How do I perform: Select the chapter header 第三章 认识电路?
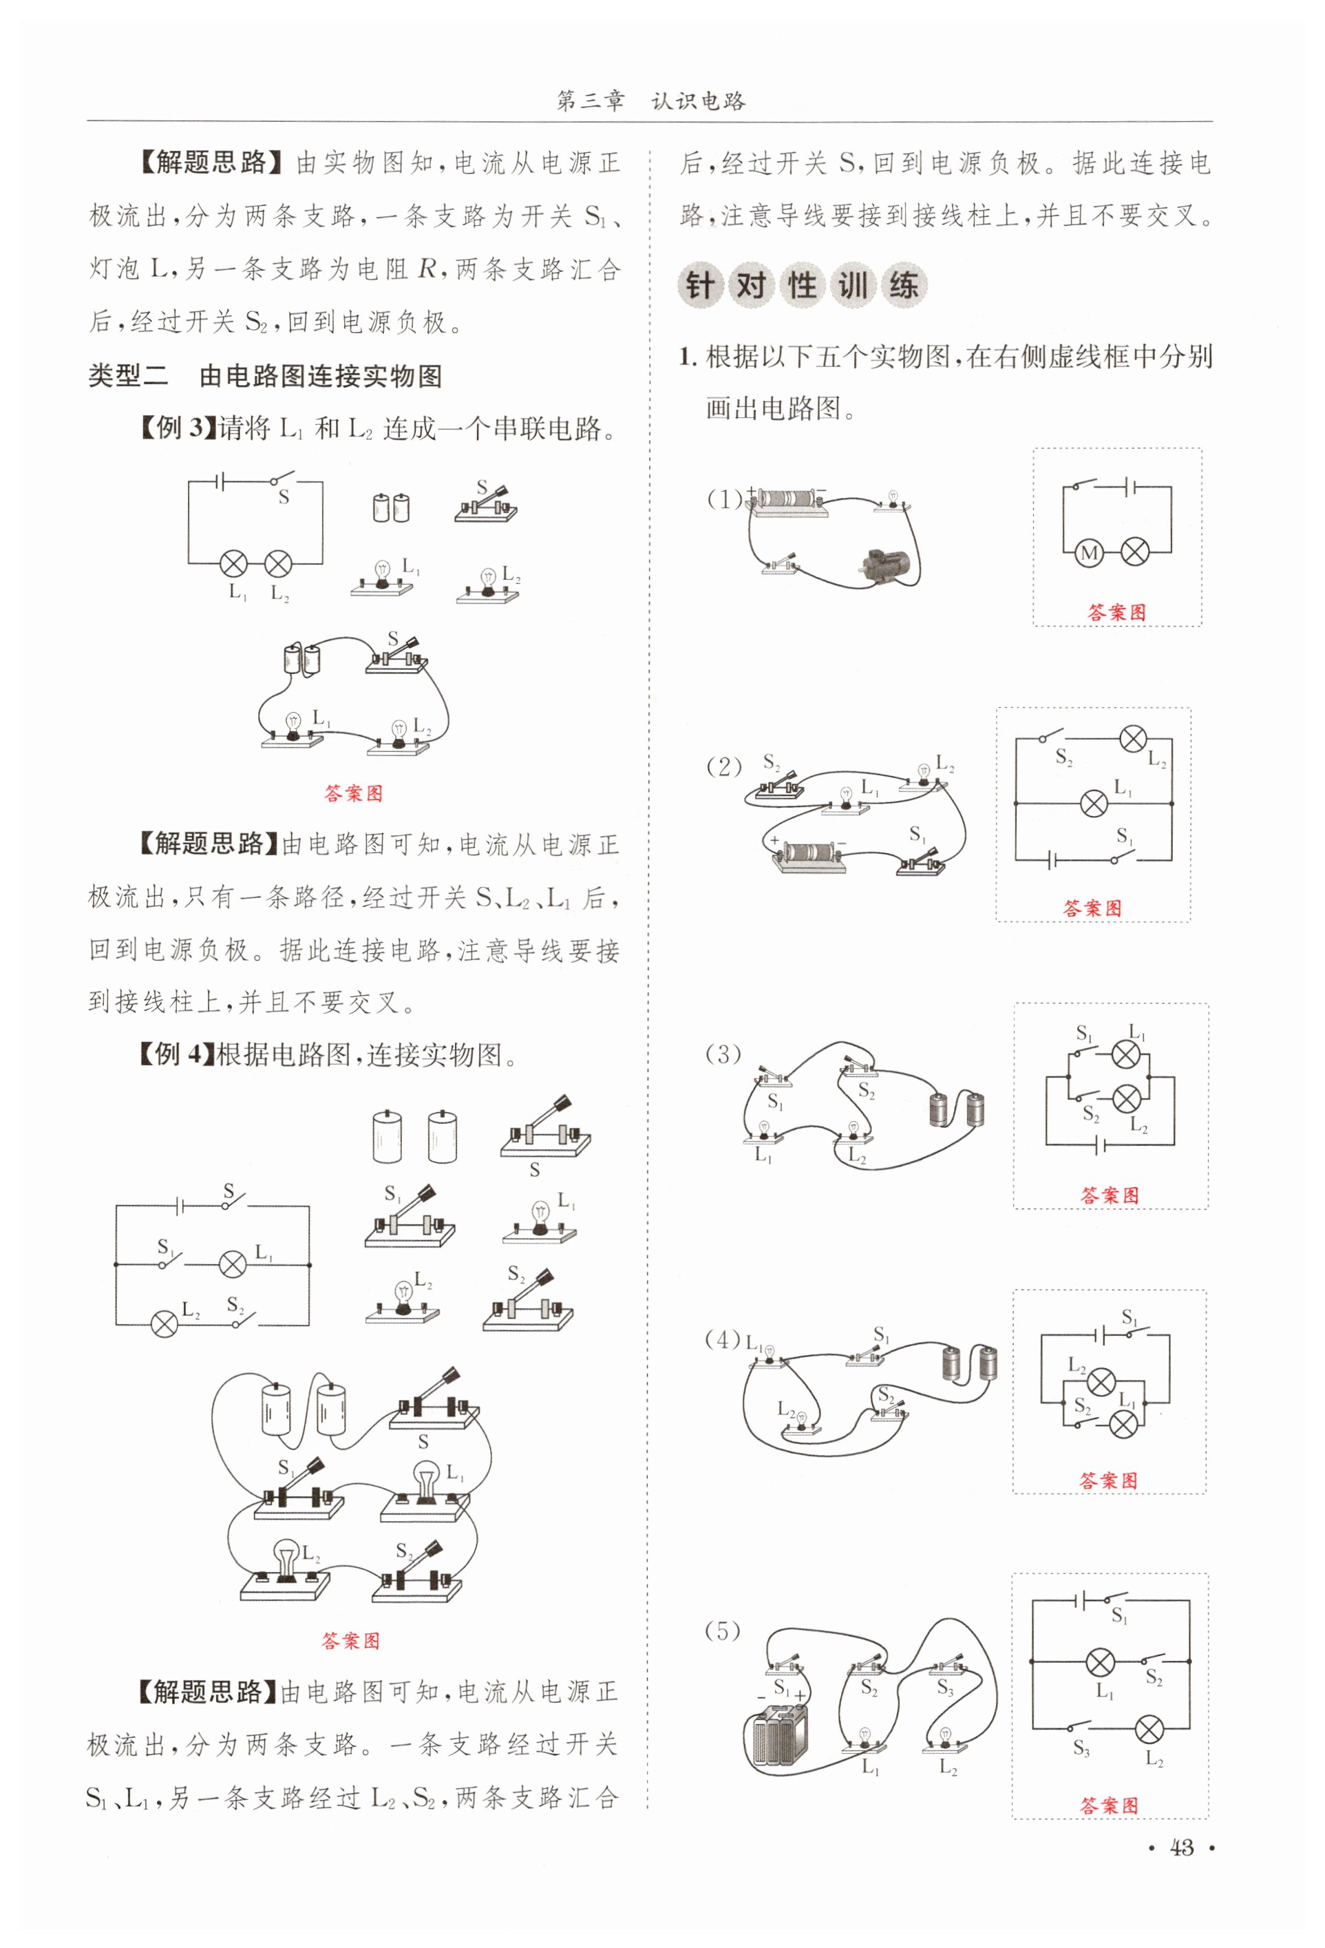pos(651,101)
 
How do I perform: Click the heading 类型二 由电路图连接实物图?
pos(266,377)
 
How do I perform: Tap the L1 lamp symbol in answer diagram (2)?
pos(1093,804)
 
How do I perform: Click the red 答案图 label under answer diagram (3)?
pos(1110,1195)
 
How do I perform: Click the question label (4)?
pos(723,1339)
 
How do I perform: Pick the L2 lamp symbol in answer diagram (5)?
pos(1148,1728)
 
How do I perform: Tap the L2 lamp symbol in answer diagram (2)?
pos(1132,738)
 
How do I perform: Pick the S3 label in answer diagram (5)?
pos(1081,1748)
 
